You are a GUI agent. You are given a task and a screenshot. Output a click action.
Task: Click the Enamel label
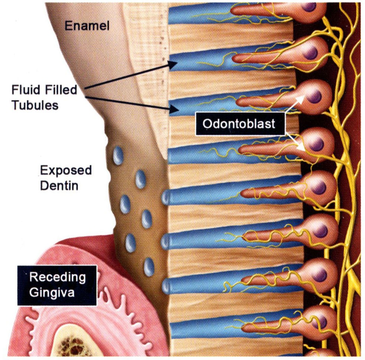(84, 26)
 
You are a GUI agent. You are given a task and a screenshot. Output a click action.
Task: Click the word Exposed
(66, 171)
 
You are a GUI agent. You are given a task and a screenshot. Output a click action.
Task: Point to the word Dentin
(59, 185)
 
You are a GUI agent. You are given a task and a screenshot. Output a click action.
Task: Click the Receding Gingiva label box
(57, 285)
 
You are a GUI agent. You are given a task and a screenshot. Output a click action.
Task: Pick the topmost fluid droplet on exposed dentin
(118, 155)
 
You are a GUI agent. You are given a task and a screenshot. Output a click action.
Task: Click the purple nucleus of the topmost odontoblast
(309, 6)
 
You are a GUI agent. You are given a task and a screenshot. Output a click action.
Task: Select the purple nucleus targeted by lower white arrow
(317, 145)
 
